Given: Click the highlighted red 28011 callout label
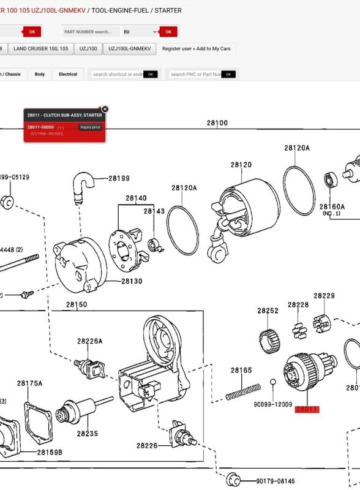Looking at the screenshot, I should pyautogui.click(x=307, y=409).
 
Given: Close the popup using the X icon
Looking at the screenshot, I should pyautogui.click(x=105, y=108).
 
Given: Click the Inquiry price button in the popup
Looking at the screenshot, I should pyautogui.click(x=90, y=127).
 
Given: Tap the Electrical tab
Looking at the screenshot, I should pyautogui.click(x=68, y=74).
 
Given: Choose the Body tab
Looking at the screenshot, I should pyautogui.click(x=40, y=74).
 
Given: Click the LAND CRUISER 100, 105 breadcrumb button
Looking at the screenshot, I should pyautogui.click(x=41, y=48).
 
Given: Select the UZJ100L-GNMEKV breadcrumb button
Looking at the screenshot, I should pyautogui.click(x=130, y=48).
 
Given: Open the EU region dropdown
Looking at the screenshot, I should pyautogui.click(x=139, y=32).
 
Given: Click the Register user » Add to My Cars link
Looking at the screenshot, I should pyautogui.click(x=197, y=48).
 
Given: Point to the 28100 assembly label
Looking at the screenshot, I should pyautogui.click(x=217, y=123).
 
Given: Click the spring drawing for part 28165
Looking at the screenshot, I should pyautogui.click(x=242, y=391).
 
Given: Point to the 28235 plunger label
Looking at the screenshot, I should pyautogui.click(x=88, y=434).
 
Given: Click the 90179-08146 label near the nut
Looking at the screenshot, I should pyautogui.click(x=276, y=481).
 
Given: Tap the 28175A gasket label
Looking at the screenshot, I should pyautogui.click(x=30, y=383).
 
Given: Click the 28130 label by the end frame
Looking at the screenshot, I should pyautogui.click(x=131, y=281).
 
